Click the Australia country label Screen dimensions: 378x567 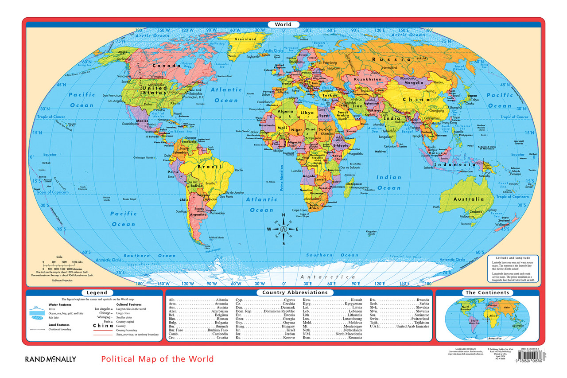click(x=468, y=199)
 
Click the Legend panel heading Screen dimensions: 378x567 click(x=97, y=292)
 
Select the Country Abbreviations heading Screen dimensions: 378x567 click(x=295, y=292)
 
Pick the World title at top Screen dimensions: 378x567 click(x=283, y=24)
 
